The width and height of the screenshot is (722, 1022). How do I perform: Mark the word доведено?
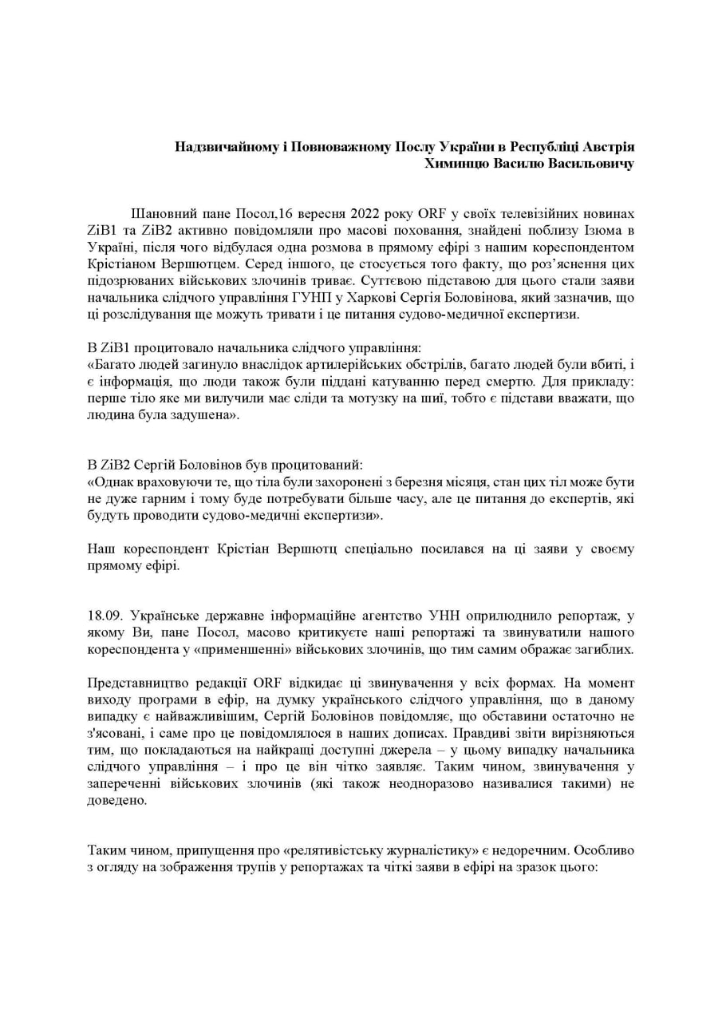(116, 800)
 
